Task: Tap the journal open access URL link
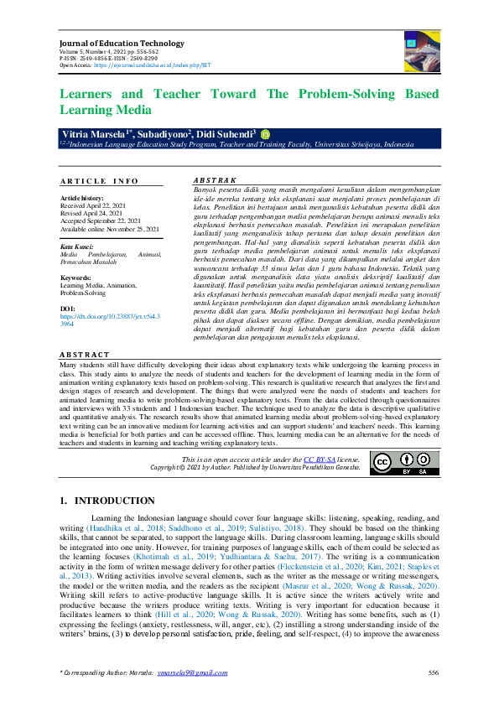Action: point(157,65)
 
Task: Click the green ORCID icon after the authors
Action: point(265,133)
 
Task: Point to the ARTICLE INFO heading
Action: point(99,181)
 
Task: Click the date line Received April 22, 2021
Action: point(91,206)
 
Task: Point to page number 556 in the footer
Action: point(433,673)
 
